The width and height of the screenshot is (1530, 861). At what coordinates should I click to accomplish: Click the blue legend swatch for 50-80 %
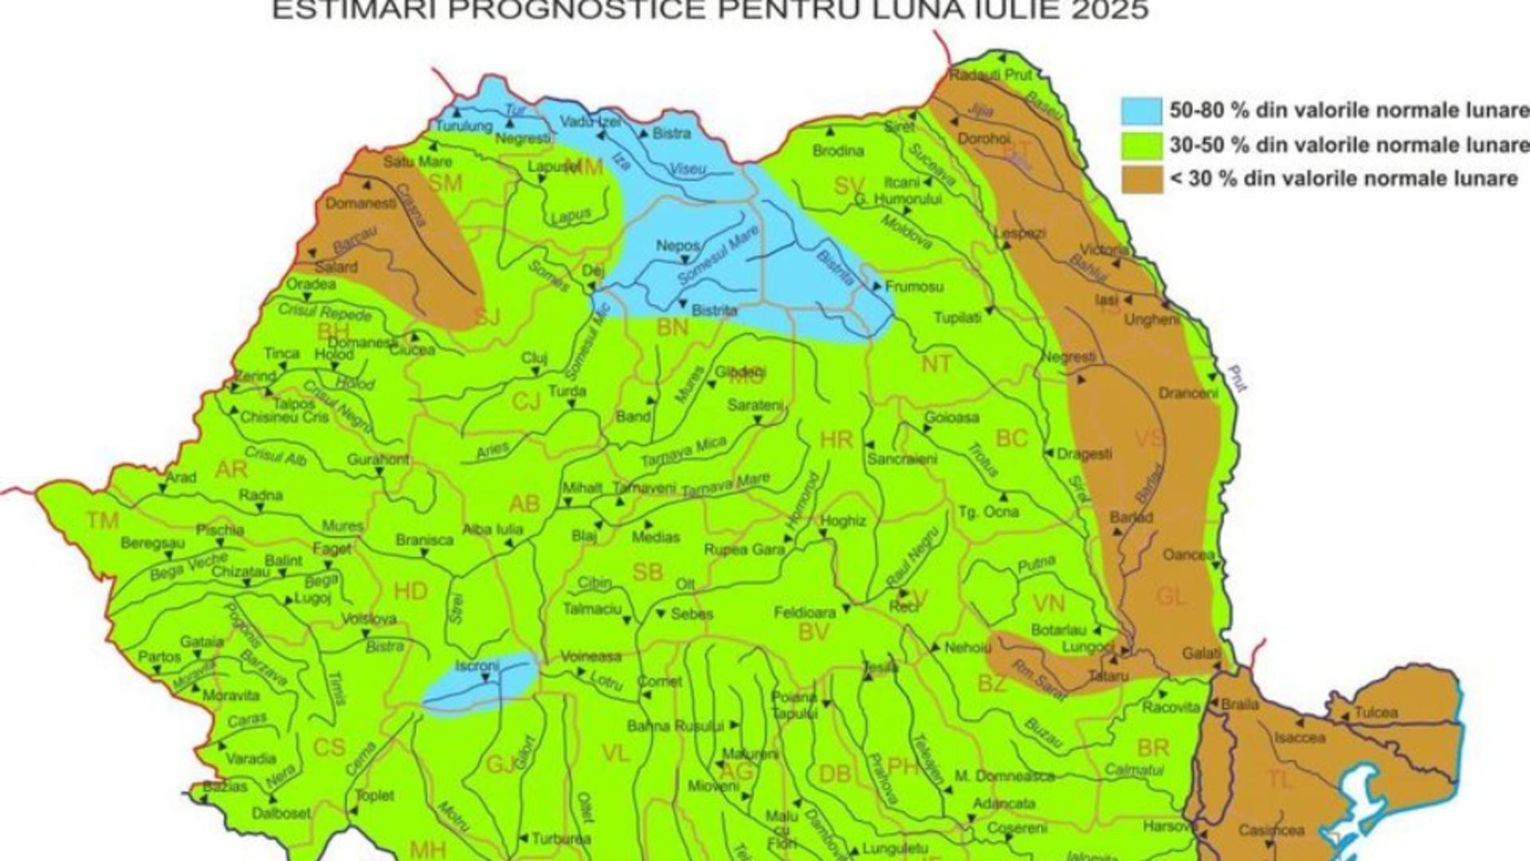coord(1141,111)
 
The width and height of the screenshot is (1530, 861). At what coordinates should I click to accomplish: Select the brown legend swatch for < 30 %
coord(1141,179)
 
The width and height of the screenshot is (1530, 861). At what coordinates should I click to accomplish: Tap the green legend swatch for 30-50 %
coord(1141,145)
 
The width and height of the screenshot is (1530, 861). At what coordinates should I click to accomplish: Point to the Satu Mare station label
coord(418,162)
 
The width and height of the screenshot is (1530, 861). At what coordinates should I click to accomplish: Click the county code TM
coord(103,521)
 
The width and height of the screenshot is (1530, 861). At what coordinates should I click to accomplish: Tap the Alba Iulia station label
coord(492,529)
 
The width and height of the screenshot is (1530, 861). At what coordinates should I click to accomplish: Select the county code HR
coord(836,439)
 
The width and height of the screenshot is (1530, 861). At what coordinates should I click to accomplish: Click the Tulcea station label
coord(1376,712)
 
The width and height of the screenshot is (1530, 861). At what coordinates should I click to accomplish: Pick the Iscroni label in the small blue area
coord(477,666)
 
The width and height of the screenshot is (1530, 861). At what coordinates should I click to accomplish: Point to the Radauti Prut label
coord(990,75)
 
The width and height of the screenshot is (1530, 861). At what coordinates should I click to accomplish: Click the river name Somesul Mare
coord(718,256)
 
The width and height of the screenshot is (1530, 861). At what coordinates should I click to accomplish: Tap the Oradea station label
coord(311,284)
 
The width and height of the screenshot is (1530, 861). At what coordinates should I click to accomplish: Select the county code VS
coord(1148,438)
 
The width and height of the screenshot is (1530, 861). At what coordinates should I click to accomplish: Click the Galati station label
coord(1201,654)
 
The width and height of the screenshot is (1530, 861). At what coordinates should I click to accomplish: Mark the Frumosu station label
coord(914,286)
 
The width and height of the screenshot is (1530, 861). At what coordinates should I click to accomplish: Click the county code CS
coord(329,747)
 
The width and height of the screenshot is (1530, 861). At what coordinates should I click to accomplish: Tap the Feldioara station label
coord(805,612)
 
